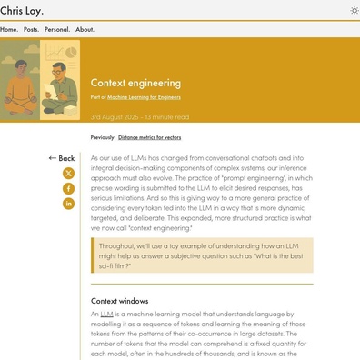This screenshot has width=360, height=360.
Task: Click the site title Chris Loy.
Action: [20, 9]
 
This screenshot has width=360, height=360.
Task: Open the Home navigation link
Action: [9, 29]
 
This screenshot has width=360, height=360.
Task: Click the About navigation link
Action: [85, 29]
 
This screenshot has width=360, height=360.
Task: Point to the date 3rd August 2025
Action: [123, 117]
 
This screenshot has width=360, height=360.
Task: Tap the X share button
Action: [68, 173]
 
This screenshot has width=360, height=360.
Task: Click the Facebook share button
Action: [68, 188]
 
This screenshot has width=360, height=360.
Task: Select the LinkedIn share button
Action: [68, 204]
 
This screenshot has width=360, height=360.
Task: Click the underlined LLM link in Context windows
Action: [106, 314]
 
